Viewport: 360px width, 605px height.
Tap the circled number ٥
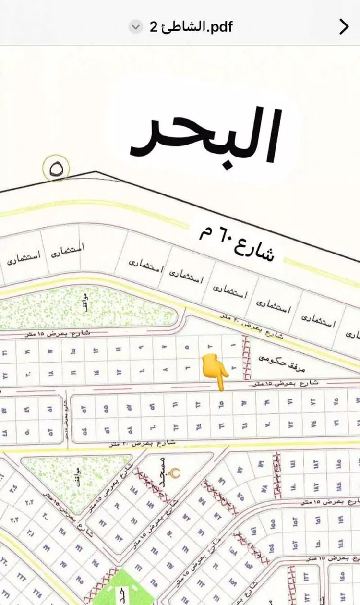tap(56, 169)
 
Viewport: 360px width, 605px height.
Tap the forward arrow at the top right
tap(344, 27)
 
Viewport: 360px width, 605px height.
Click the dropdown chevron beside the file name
tap(136, 27)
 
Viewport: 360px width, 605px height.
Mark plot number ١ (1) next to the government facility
tap(233, 345)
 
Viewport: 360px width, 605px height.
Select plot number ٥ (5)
tap(187, 345)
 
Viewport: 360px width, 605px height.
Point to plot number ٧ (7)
tap(164, 346)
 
